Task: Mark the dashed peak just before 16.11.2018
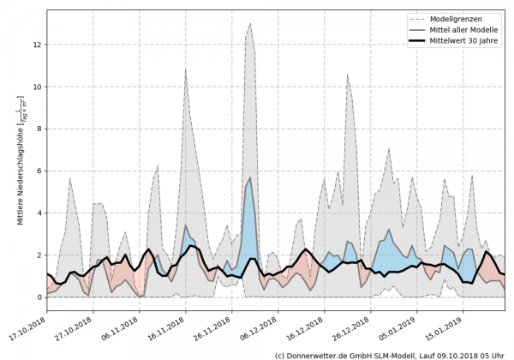pyautogui.click(x=185, y=69)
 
